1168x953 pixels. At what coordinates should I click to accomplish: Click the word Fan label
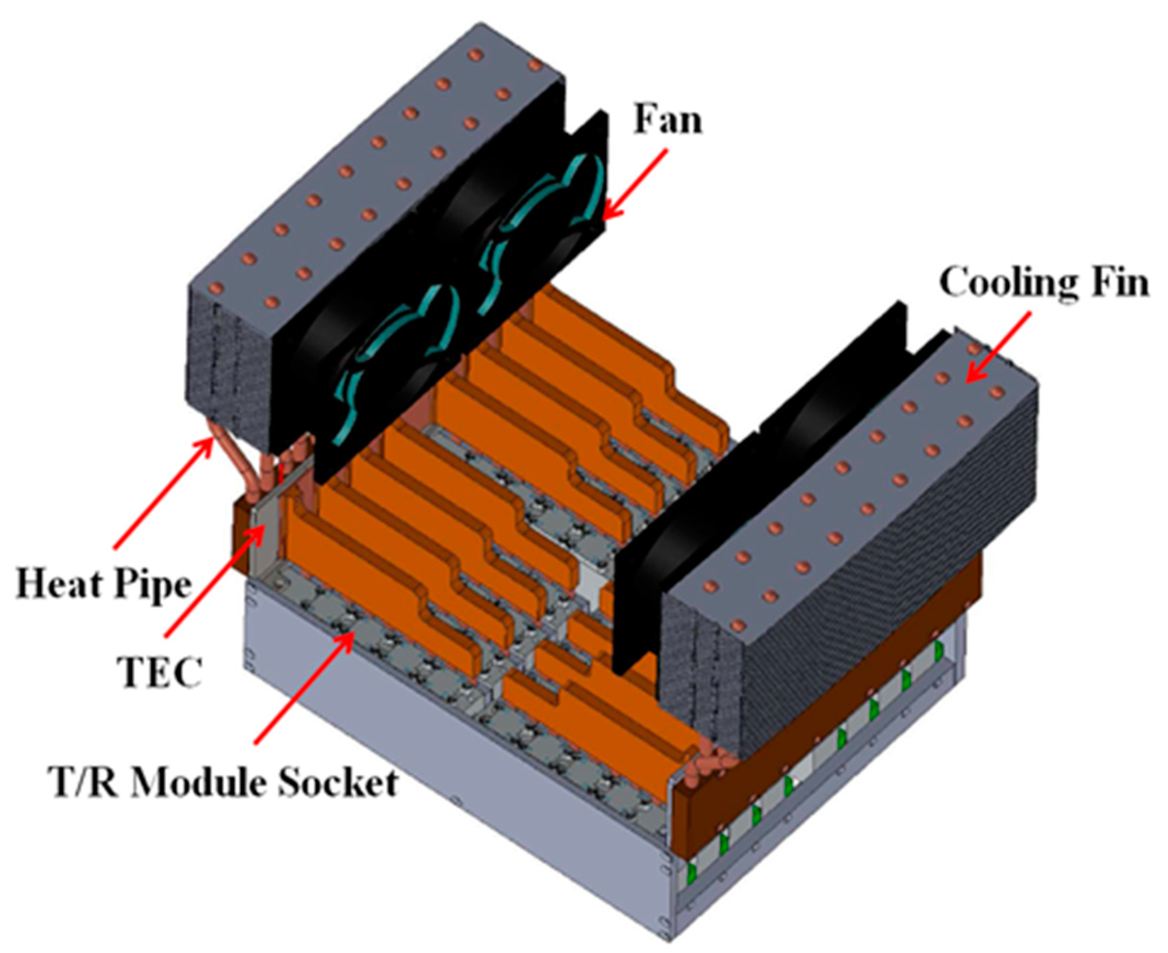pos(668,120)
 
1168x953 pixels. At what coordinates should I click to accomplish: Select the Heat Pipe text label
pos(103,585)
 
